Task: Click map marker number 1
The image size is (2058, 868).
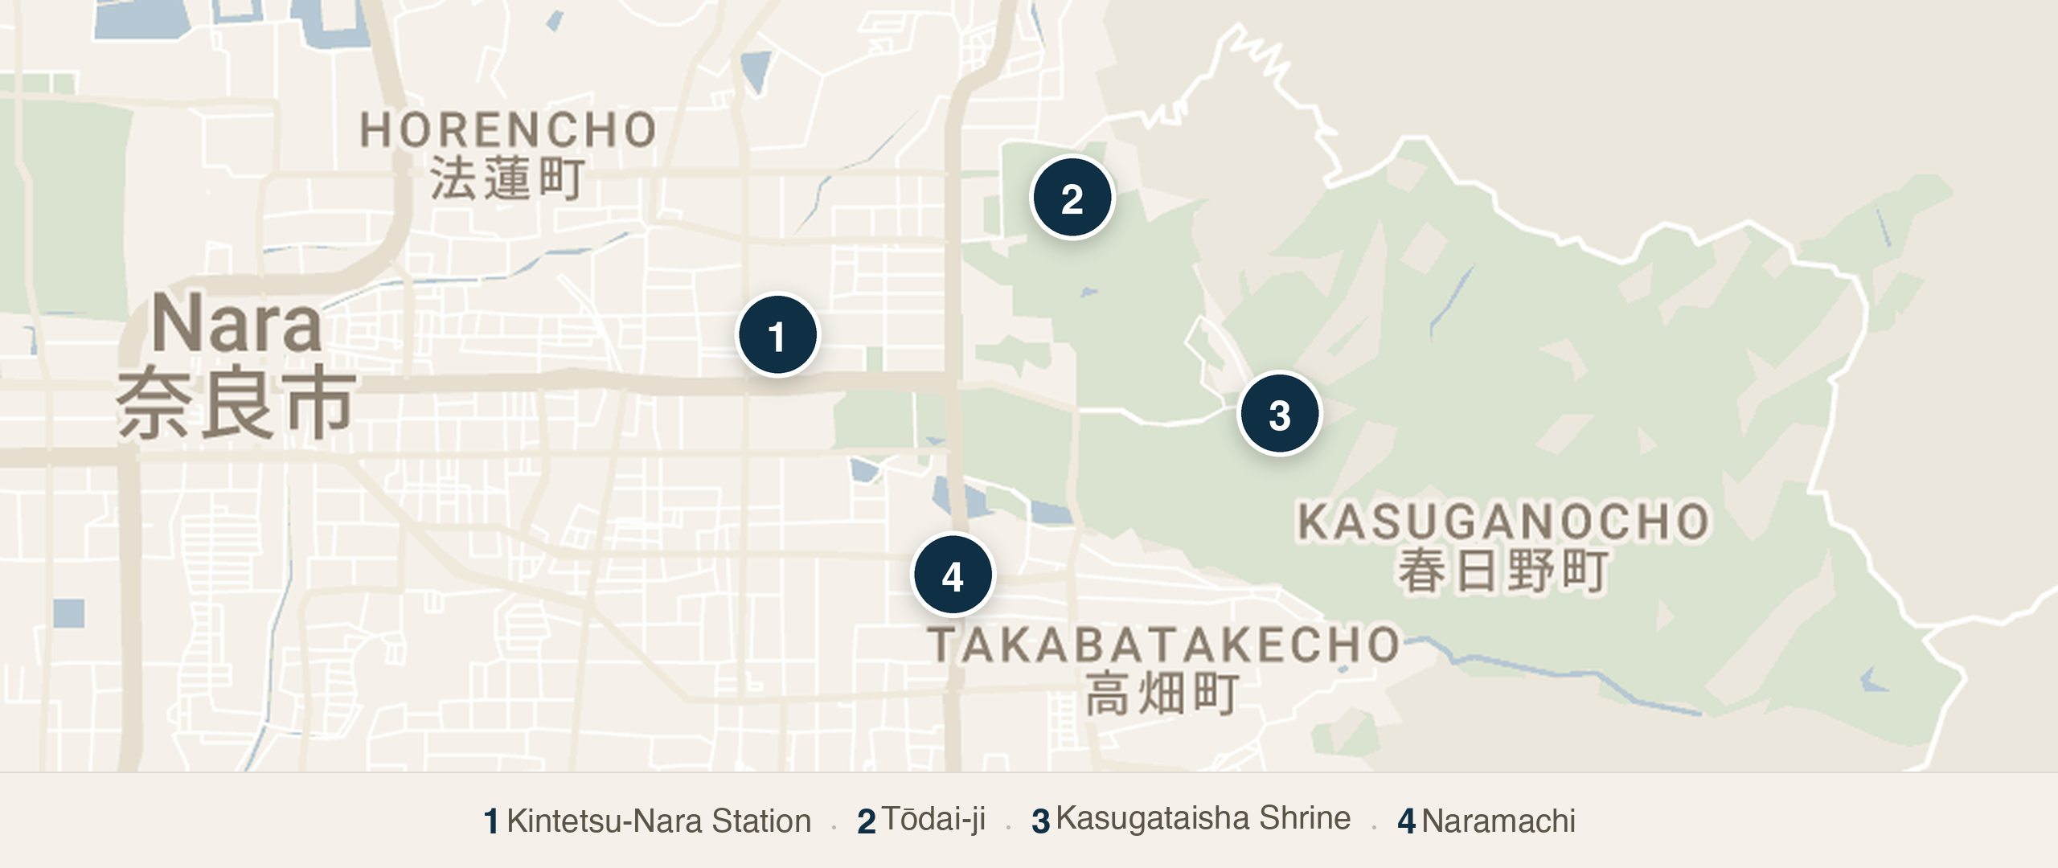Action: [x=777, y=335]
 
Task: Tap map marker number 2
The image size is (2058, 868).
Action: [x=1072, y=198]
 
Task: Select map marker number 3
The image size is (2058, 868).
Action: [x=1279, y=414]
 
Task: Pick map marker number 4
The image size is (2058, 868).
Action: [x=953, y=575]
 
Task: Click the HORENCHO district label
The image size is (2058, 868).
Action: [x=508, y=130]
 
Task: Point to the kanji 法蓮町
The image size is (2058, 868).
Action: [x=506, y=178]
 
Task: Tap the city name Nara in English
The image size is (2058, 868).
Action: [x=236, y=324]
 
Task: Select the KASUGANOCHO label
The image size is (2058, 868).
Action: [x=1503, y=522]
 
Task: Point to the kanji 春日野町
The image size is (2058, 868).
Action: [x=1503, y=571]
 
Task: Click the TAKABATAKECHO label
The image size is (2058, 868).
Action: [x=1164, y=645]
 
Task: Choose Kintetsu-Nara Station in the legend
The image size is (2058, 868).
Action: [x=658, y=821]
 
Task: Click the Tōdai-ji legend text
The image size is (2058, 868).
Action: [x=933, y=820]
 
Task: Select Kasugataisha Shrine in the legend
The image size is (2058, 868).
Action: [x=1203, y=818]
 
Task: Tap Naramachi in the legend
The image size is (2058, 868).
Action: [x=1498, y=821]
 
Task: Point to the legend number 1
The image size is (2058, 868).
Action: [x=491, y=822]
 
